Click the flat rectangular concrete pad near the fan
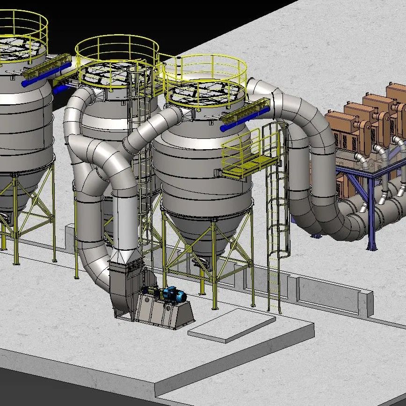[232, 326]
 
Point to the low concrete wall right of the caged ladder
[327, 292]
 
